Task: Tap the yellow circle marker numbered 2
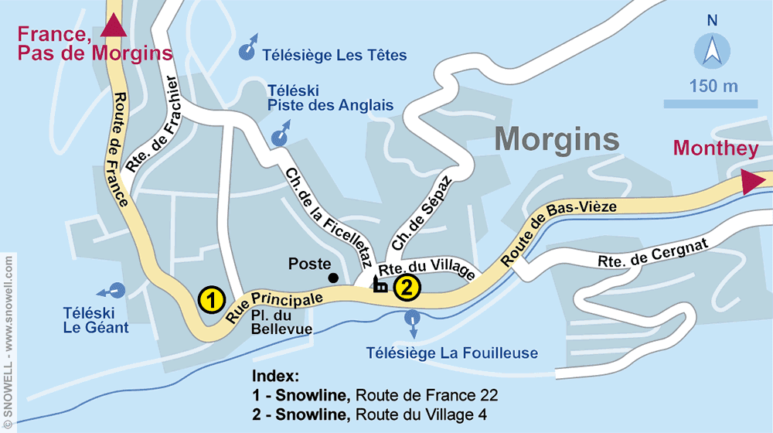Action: click(407, 288)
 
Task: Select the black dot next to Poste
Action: click(332, 278)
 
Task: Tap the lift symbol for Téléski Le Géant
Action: click(114, 291)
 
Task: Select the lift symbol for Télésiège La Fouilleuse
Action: click(413, 319)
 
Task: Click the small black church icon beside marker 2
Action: click(380, 285)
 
